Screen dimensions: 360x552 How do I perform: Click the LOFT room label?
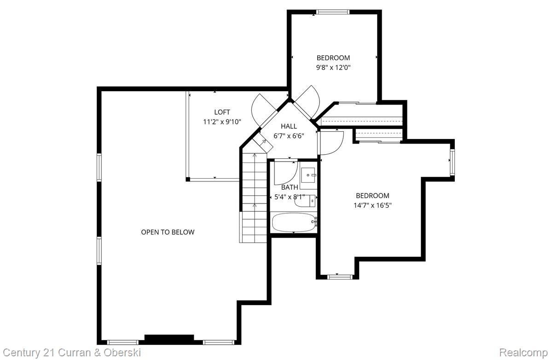pos(222,112)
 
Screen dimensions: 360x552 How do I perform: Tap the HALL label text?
pos(289,126)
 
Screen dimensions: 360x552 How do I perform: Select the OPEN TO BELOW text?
pos(168,232)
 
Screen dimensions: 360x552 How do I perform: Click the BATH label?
pos(290,187)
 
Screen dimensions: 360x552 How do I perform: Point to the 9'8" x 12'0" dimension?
pos(333,67)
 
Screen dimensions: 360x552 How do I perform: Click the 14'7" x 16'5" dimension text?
pos(372,205)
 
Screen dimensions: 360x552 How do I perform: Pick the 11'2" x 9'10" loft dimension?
pos(222,122)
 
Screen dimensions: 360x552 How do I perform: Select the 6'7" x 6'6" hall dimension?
pos(289,136)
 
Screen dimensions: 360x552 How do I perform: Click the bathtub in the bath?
pos(293,223)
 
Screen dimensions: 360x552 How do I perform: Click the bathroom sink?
pos(308,175)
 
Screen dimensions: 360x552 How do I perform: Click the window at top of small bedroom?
pos(333,12)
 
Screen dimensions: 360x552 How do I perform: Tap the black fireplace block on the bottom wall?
pos(169,339)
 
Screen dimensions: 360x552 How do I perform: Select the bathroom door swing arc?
pos(285,173)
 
